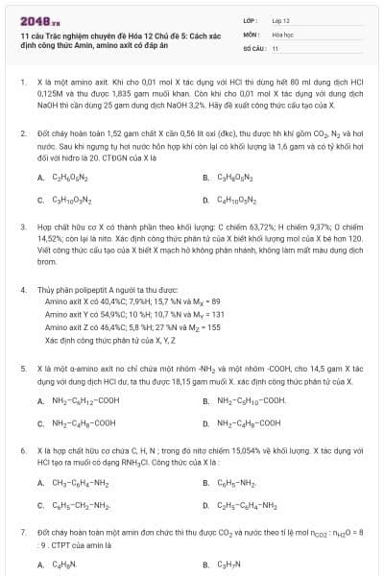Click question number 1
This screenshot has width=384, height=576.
click(x=22, y=83)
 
